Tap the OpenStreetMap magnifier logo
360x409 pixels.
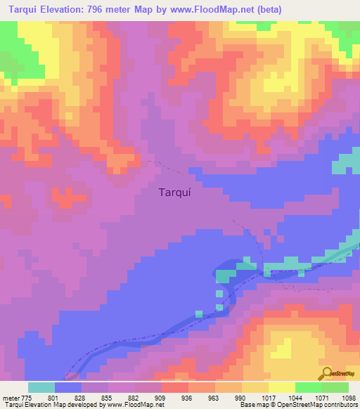[x=326, y=373]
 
